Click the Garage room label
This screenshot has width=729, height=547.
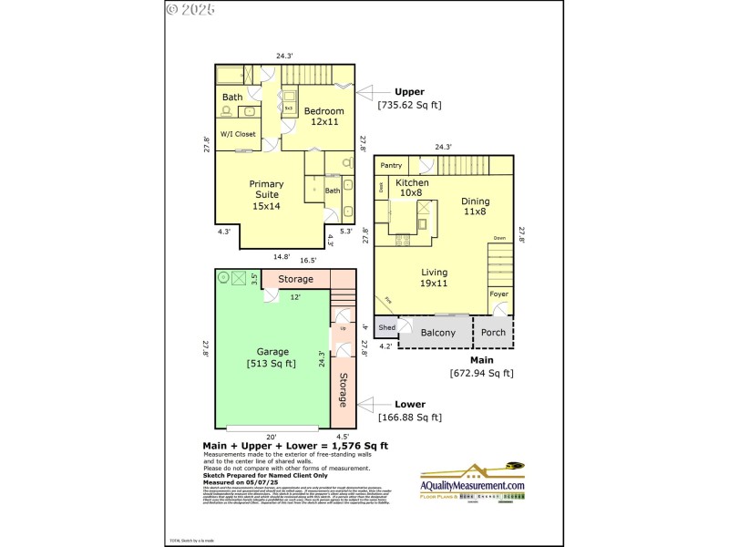(x=272, y=352)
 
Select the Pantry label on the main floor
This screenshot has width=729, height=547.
(x=391, y=165)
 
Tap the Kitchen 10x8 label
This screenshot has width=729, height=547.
(x=412, y=188)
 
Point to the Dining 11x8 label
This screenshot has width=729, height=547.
(x=475, y=206)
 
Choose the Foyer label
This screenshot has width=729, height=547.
(x=498, y=294)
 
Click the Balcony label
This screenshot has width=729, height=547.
(x=437, y=333)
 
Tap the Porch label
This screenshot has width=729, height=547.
(x=493, y=333)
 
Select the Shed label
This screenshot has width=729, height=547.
(x=386, y=326)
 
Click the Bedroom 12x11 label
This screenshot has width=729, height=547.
(x=323, y=116)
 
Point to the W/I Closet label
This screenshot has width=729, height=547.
(x=238, y=134)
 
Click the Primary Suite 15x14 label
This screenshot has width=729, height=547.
(x=266, y=195)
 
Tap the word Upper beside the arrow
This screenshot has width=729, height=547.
(x=409, y=91)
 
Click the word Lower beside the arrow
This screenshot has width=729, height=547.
(x=409, y=404)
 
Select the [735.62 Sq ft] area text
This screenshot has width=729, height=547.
(x=409, y=105)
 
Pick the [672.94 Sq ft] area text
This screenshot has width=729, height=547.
(x=481, y=372)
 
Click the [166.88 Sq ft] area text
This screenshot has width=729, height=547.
(x=409, y=418)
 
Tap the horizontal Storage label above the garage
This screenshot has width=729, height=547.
(x=295, y=279)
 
